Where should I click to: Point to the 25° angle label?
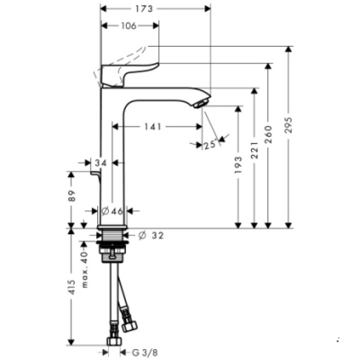pyautogui.click(x=209, y=145)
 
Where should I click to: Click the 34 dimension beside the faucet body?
pyautogui.click(x=101, y=163)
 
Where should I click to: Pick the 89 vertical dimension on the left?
pyautogui.click(x=73, y=195)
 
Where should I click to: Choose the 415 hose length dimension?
pyautogui.click(x=73, y=286)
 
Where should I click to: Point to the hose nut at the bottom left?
pyautogui.click(x=113, y=341)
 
